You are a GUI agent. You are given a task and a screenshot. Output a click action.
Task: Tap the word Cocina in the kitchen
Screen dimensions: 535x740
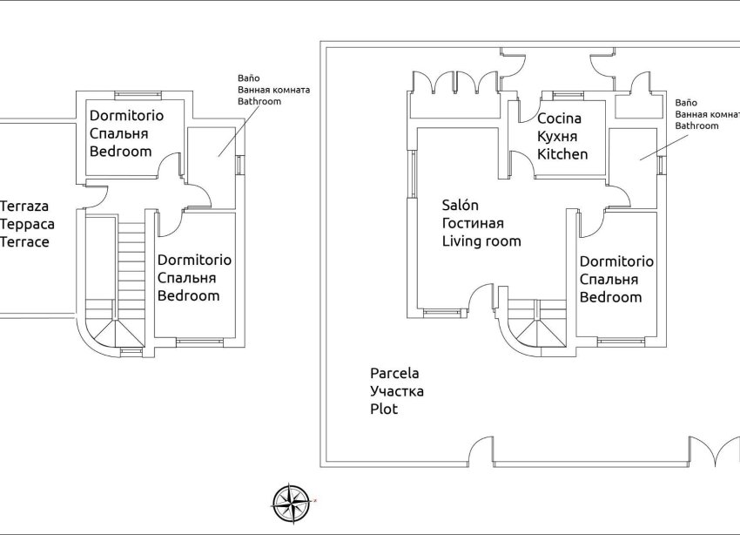pyautogui.click(x=559, y=119)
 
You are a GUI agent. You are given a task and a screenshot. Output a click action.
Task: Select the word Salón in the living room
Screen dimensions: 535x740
pyautogui.click(x=461, y=206)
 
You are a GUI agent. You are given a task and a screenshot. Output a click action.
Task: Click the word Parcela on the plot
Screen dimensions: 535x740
pyautogui.click(x=394, y=374)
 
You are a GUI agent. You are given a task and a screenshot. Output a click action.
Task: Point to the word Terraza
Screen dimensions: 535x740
pyautogui.click(x=24, y=207)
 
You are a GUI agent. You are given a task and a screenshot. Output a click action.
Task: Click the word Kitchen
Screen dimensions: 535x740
pyautogui.click(x=562, y=154)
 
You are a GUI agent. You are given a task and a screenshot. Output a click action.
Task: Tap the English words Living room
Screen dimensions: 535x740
pyautogui.click(x=481, y=241)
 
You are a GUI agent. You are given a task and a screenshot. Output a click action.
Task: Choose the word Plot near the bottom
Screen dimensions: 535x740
pyautogui.click(x=384, y=409)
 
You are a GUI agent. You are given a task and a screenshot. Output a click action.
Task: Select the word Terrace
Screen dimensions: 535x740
pyautogui.click(x=24, y=242)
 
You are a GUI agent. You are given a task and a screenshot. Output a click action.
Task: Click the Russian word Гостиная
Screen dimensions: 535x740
pyautogui.click(x=473, y=224)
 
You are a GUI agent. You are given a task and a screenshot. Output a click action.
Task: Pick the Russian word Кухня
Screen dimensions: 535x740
pyautogui.click(x=558, y=137)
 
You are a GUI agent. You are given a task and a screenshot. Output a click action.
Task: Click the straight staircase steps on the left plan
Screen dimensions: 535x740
pyautogui.click(x=131, y=261)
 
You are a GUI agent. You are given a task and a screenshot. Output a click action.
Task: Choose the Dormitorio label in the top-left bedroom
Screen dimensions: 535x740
pyautogui.click(x=126, y=115)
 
